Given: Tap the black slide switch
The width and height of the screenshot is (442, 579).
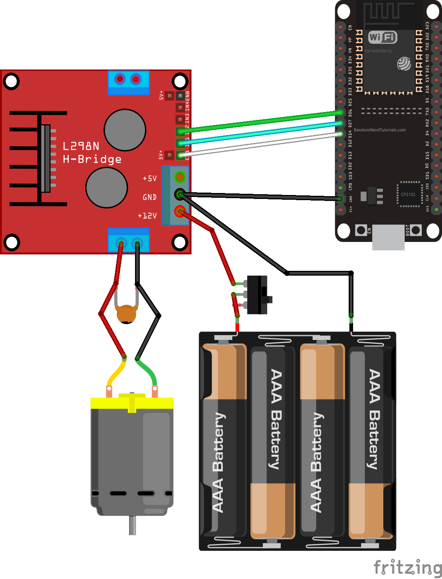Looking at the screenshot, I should tap(258, 295).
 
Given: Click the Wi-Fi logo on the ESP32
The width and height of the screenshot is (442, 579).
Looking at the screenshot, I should tap(382, 37).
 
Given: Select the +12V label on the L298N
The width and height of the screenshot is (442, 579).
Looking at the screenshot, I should tap(147, 216).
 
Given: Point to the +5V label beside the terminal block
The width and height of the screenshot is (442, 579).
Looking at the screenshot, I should tap(150, 179).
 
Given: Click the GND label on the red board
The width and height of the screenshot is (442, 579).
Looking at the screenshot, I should tap(150, 197).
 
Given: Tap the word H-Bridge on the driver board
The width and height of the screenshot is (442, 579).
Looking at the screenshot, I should tap(92, 160).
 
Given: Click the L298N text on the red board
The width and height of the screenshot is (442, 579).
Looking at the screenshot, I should tap(81, 146).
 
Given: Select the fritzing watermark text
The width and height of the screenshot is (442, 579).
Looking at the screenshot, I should tap(407, 567).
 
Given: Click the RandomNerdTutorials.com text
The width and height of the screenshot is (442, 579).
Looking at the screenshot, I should tap(380, 130).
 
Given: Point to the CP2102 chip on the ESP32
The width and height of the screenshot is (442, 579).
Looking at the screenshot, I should tap(408, 194).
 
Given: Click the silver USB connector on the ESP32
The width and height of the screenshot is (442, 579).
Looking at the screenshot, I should tap(388, 237).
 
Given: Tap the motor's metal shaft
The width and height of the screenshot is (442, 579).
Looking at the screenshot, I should tap(132, 525).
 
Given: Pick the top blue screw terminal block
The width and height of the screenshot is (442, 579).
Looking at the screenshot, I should tap(128, 82).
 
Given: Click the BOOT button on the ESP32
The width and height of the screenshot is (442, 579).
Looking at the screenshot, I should tap(416, 230).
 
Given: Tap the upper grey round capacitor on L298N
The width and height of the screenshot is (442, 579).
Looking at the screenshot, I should tap(125, 130).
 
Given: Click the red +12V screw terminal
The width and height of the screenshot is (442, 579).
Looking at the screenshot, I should tap(180, 212).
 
